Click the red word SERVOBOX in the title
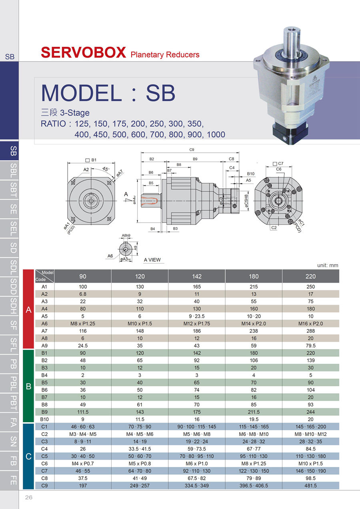83,52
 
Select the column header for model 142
196,276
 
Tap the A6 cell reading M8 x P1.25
83,323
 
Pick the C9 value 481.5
310,485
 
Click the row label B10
44,419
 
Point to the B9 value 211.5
254,412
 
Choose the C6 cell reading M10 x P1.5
310,463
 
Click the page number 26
29,497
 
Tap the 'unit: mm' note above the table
328,265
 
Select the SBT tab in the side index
14,190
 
